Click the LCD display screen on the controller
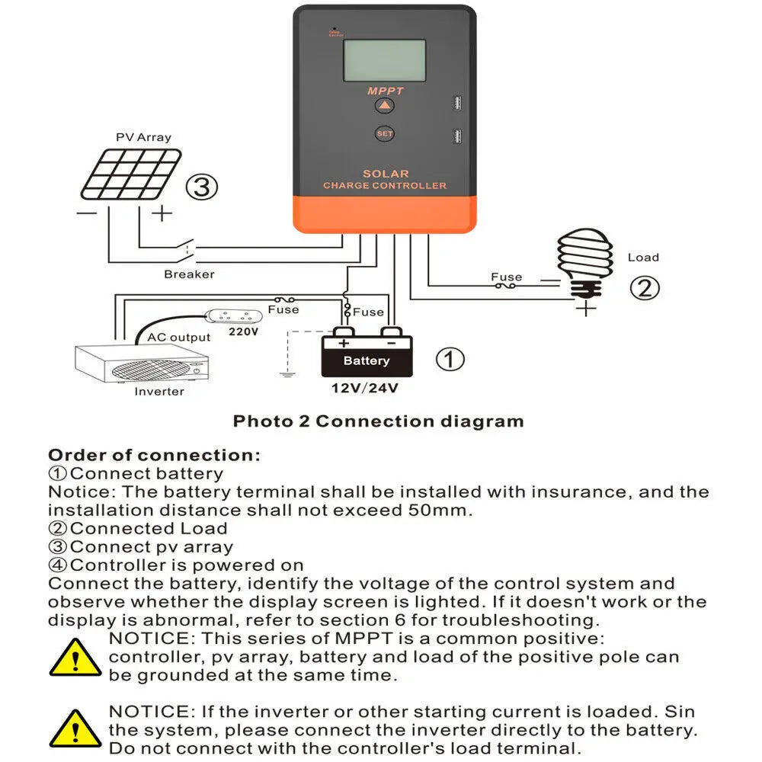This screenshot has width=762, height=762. pyautogui.click(x=384, y=62)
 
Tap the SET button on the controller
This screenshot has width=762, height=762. pyautogui.click(x=385, y=134)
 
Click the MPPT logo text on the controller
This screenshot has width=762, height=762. pyautogui.click(x=386, y=91)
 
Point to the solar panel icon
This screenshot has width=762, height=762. pyautogui.click(x=132, y=174)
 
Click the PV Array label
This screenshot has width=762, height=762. pyautogui.click(x=143, y=137)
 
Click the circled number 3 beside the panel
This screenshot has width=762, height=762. pyautogui.click(x=202, y=187)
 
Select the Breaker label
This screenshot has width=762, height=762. pyautogui.click(x=189, y=274)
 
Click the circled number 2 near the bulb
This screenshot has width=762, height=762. pyautogui.click(x=644, y=287)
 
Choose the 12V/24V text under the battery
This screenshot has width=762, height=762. pyautogui.click(x=366, y=388)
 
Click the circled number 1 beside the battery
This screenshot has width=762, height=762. pyautogui.click(x=450, y=359)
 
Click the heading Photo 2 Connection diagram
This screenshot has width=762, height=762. pyautogui.click(x=378, y=421)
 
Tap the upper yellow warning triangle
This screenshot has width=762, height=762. pyautogui.click(x=75, y=657)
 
